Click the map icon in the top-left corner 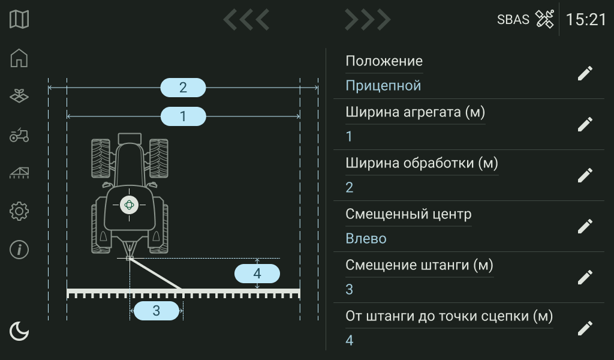19,19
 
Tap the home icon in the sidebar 19,58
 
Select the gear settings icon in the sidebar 19,211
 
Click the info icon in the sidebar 19,250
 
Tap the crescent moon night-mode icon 19,331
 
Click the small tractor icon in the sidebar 19,135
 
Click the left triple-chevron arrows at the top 246,20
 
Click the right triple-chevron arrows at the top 368,20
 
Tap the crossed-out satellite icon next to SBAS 544,19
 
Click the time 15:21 586,19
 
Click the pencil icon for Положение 585,73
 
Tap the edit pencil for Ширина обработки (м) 585,175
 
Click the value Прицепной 383,86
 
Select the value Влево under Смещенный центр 366,239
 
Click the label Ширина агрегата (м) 415,112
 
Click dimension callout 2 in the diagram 183,88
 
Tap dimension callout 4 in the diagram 257,274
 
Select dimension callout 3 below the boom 156,311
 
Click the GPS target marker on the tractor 129,205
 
